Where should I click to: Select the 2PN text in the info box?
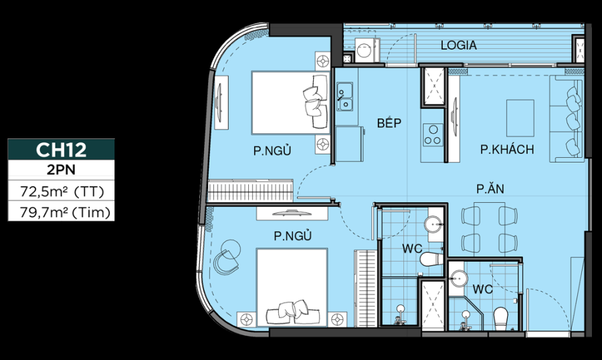pos(61,171)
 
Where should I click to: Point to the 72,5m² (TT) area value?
pos(61,192)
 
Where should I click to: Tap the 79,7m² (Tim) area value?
pos(61,213)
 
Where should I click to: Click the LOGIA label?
pos(458,46)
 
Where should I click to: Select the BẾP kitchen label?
pos(388,123)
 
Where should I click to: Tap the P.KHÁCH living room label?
pos(506,149)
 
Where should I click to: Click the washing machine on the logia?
pos(365,51)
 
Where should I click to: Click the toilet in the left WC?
pos(429,258)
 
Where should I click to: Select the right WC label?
pos(483,290)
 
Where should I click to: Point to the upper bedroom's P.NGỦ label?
pos(272,151)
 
